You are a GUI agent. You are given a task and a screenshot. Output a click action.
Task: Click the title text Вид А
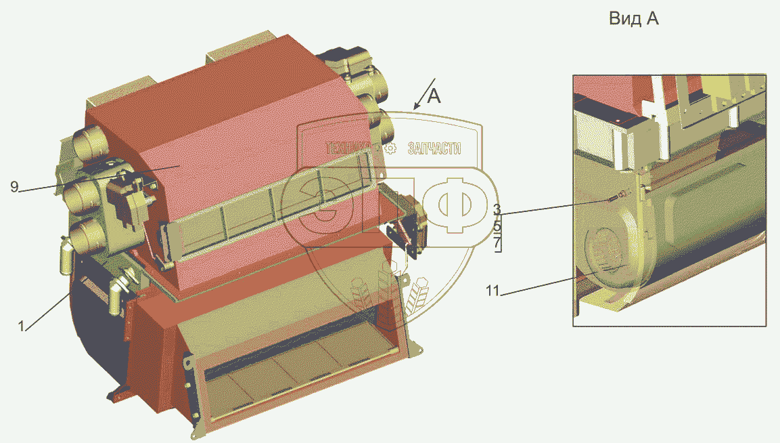633,19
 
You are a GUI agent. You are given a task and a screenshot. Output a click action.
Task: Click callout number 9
14,187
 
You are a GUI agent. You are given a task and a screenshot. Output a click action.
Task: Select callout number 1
21,326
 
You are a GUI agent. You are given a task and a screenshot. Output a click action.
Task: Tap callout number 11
492,290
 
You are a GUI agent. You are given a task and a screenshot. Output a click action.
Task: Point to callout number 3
497,209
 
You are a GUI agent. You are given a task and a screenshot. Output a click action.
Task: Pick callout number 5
497,227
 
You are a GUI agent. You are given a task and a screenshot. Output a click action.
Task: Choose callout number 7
497,244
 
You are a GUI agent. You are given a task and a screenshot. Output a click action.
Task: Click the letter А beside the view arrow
434,96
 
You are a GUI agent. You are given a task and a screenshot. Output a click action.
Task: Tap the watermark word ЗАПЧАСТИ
434,148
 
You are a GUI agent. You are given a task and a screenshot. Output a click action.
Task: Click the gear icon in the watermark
391,148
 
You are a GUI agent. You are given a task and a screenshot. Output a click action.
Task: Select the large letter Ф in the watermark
455,205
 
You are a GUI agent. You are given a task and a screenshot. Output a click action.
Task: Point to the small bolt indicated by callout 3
612,199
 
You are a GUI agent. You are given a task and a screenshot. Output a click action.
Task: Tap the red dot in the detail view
617,121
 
